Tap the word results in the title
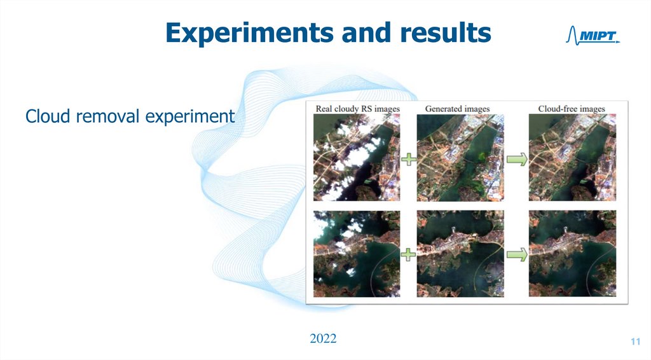click(x=445, y=33)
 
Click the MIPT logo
click(x=592, y=36)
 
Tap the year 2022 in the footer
click(x=323, y=338)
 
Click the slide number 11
click(x=634, y=343)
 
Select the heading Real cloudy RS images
click(x=358, y=109)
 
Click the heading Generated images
click(x=457, y=109)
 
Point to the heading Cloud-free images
click(x=572, y=109)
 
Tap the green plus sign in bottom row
click(x=408, y=254)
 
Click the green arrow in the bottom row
click(x=516, y=254)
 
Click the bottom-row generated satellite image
click(x=460, y=254)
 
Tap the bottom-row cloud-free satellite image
click(x=572, y=254)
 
